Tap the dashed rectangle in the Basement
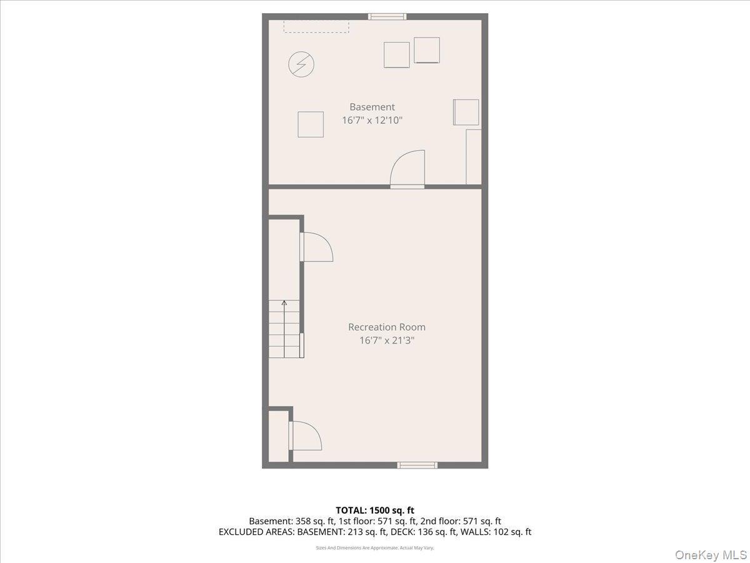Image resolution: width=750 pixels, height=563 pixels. pyautogui.click(x=316, y=26)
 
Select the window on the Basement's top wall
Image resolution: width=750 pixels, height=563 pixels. pyautogui.click(x=387, y=17)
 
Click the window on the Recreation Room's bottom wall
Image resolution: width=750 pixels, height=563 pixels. pyautogui.click(x=417, y=465)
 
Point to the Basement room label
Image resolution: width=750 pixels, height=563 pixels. pyautogui.click(x=372, y=107)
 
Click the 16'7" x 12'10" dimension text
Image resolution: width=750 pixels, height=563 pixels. pyautogui.click(x=372, y=120)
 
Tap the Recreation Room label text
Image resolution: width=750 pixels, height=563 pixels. pyautogui.click(x=387, y=327)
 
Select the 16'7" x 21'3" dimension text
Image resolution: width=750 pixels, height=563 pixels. pyautogui.click(x=387, y=341)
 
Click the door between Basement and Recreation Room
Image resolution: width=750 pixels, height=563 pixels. pyautogui.click(x=407, y=169)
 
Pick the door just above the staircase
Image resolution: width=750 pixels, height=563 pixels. pyautogui.click(x=316, y=246)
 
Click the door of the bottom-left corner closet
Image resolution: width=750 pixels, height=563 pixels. pyautogui.click(x=305, y=435)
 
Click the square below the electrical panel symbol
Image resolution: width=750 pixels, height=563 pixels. pyautogui.click(x=311, y=124)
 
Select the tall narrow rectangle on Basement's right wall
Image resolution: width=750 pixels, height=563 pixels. pyautogui.click(x=474, y=156)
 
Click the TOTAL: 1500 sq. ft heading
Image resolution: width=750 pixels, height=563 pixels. pyautogui.click(x=375, y=510)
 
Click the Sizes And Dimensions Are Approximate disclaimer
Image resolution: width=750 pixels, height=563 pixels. pyautogui.click(x=375, y=548)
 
